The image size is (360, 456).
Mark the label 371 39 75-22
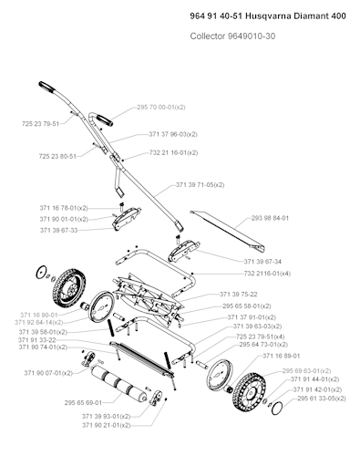pyautogui.click(x=246, y=294)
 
